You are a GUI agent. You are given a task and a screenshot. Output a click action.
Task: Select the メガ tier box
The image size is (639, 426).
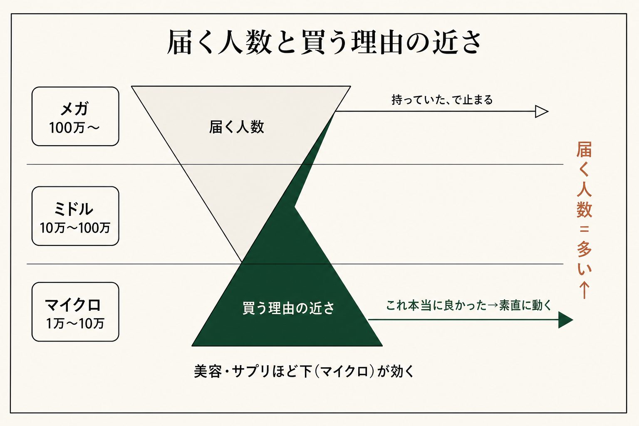point(75,116)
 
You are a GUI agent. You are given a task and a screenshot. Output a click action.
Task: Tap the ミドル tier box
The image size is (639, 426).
point(75,216)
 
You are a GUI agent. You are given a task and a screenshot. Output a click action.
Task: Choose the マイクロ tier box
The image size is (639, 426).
point(75,312)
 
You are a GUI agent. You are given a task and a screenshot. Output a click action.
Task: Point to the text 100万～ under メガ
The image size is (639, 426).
point(74,128)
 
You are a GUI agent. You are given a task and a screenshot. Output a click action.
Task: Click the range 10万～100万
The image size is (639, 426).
point(75,228)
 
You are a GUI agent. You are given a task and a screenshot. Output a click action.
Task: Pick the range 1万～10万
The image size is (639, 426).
point(75,323)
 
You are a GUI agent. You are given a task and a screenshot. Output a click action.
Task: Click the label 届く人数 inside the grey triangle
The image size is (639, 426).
point(236,127)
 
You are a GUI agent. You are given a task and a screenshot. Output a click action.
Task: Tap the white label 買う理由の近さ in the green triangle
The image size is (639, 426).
point(288,308)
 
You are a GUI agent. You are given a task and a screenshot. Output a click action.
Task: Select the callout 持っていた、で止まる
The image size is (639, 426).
point(442,100)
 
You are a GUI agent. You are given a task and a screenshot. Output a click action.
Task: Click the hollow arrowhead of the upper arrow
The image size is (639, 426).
point(541,111)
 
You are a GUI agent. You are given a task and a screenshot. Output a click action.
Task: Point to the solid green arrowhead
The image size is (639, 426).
point(565,320)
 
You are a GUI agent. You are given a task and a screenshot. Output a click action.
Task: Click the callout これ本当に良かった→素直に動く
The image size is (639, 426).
point(469,305)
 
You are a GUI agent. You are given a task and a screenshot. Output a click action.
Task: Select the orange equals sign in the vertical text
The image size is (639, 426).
point(584,229)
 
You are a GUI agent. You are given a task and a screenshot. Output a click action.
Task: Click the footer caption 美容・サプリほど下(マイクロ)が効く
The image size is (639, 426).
point(304,371)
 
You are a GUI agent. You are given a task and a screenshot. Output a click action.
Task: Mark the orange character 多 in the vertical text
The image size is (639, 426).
point(584,249)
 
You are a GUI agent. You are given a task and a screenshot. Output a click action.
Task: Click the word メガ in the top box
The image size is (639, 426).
point(74,109)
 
